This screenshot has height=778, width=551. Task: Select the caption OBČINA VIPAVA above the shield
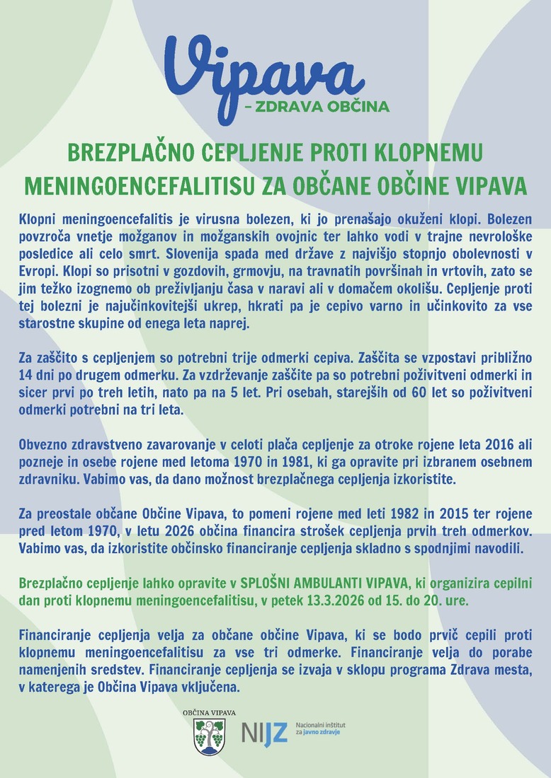[x=209, y=713]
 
